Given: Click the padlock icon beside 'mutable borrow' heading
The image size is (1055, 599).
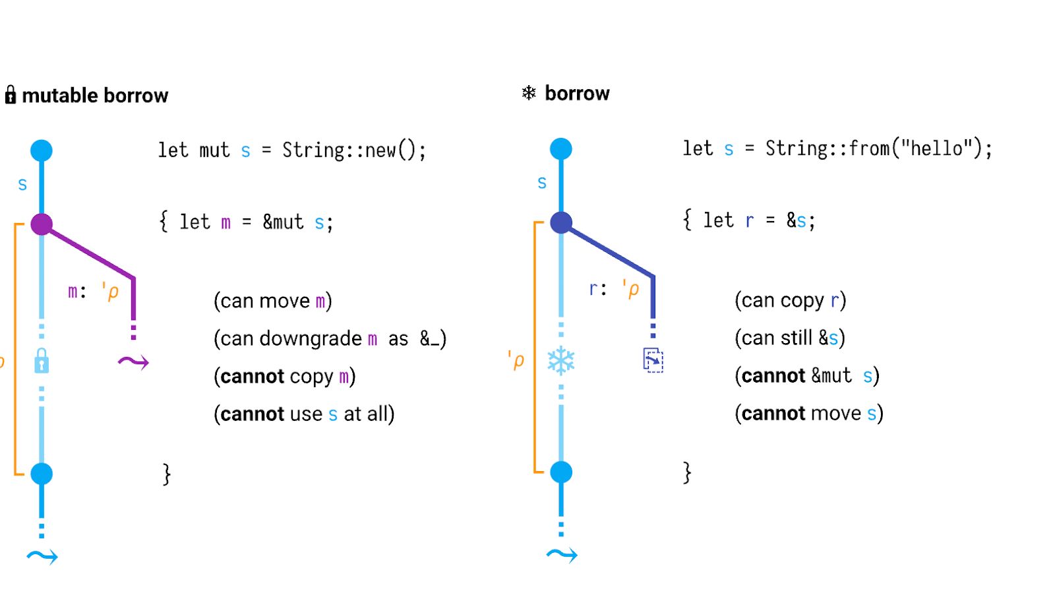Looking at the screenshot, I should pyautogui.click(x=11, y=95).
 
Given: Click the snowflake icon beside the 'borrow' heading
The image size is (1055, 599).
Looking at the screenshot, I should pyautogui.click(x=529, y=92).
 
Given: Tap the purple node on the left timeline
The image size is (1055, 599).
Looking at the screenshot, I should pyautogui.click(x=42, y=224).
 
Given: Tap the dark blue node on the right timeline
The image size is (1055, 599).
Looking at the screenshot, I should pyautogui.click(x=561, y=223).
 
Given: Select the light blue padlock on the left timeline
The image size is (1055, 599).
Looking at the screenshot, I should pyautogui.click(x=42, y=361).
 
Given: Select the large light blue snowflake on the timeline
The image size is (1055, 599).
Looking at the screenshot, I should pyautogui.click(x=561, y=360).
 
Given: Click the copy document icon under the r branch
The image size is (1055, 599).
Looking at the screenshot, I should pyautogui.click(x=653, y=360).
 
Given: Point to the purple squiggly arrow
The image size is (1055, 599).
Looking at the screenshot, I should pyautogui.click(x=133, y=361).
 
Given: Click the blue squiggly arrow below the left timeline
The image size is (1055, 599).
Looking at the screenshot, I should pyautogui.click(x=42, y=557).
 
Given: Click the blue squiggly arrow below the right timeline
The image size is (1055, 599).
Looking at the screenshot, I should pyautogui.click(x=562, y=555).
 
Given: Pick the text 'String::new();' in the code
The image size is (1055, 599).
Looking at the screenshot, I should pyautogui.click(x=354, y=150).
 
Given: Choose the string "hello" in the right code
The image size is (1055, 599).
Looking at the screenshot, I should pyautogui.click(x=935, y=148).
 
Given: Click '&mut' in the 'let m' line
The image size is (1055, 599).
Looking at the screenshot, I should pyautogui.click(x=284, y=222).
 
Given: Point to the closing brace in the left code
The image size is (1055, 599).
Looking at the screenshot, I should pyautogui.click(x=167, y=474).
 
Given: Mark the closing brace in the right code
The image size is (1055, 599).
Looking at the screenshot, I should pyautogui.click(x=687, y=472).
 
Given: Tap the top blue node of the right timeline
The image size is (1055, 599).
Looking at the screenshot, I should pyautogui.click(x=561, y=149).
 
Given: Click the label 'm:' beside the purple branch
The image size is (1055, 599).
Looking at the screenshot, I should pyautogui.click(x=76, y=291).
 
